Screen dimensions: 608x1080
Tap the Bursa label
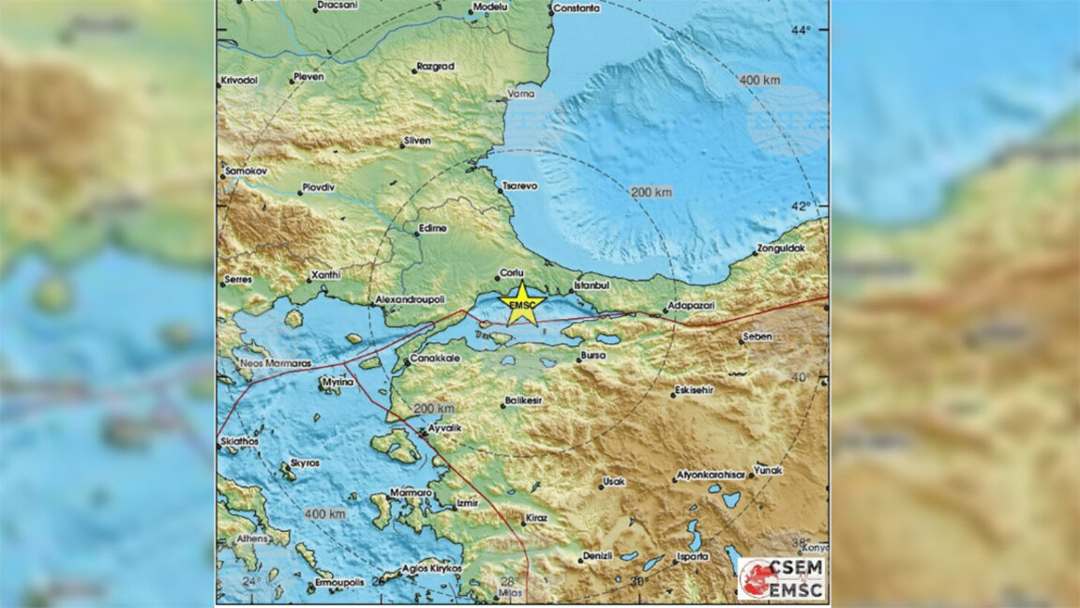click(x=592, y=356)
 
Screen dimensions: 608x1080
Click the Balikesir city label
click(x=524, y=400)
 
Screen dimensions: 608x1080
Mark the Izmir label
click(x=466, y=503)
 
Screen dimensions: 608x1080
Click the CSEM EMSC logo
click(x=782, y=578)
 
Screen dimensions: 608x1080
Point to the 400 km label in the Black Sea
click(x=759, y=80)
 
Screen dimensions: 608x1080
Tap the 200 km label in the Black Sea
click(x=651, y=192)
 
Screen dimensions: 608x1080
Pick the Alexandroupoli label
click(x=408, y=297)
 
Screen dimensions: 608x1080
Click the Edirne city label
click(x=432, y=228)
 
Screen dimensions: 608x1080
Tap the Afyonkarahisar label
click(x=712, y=475)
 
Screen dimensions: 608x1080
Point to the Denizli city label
click(x=596, y=555)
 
